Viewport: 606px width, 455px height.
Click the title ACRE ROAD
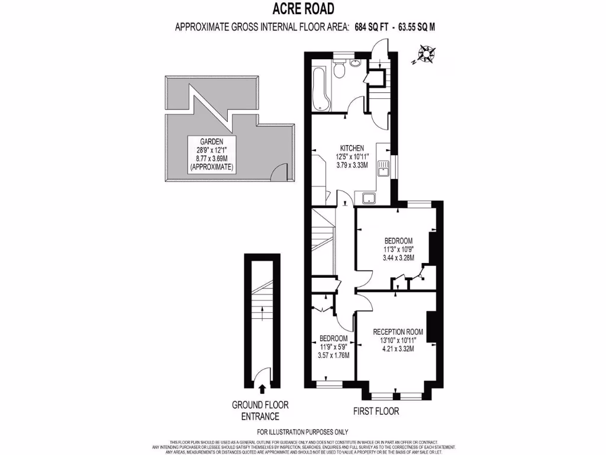[302, 9]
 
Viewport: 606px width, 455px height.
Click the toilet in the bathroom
[339, 71]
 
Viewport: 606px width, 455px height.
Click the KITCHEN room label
[352, 148]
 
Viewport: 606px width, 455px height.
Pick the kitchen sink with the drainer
[383, 168]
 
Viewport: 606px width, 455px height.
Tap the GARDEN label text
[211, 142]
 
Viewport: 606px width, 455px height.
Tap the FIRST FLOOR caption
[376, 411]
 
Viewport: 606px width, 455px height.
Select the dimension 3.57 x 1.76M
[334, 355]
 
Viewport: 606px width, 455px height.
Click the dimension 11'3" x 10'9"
[398, 249]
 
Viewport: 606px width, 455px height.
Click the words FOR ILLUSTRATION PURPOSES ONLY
[303, 432]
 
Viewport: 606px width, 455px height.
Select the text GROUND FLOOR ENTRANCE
[260, 411]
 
